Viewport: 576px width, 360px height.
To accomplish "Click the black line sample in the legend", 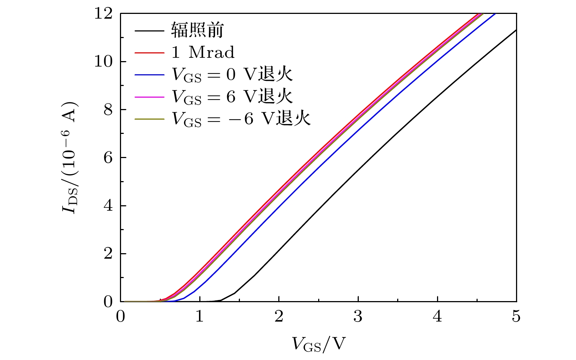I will [x=149, y=30].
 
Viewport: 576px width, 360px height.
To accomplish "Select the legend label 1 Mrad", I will [x=203, y=53].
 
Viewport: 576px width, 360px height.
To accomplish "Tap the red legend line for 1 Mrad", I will [x=149, y=53].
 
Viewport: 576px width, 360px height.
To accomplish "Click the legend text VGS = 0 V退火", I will [x=232, y=75].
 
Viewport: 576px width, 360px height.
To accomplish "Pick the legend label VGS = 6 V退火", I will [x=232, y=97].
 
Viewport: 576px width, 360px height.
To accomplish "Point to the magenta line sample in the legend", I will [x=149, y=97].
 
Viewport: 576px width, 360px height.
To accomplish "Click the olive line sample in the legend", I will [x=149, y=119].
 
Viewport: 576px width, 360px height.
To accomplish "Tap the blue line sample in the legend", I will [x=149, y=75].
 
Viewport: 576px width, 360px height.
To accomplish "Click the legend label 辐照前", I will [x=197, y=30].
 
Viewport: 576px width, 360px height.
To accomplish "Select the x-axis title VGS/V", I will [x=319, y=344].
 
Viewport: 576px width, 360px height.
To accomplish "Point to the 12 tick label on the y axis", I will [x=103, y=14].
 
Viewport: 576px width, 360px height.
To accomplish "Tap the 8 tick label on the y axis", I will [x=108, y=110].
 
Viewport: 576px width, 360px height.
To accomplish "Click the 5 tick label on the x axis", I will [x=516, y=316].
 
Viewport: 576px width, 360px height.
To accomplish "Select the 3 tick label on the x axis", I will [x=358, y=316].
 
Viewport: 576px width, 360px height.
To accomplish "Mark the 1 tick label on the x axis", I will [x=200, y=316].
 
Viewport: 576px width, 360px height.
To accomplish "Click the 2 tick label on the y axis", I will [x=108, y=254].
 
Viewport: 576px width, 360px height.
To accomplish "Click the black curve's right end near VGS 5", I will [x=515, y=30].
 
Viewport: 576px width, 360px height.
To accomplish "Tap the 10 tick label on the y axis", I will [x=103, y=61].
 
